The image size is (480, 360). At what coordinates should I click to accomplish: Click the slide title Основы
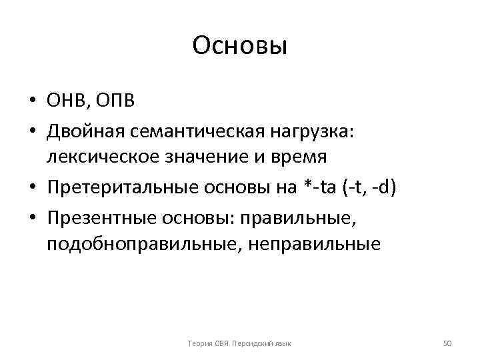point(239,47)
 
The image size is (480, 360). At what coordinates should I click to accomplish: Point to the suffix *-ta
point(317,189)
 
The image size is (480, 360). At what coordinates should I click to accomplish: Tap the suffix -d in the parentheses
point(385,189)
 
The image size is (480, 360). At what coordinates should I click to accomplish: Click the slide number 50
point(447,343)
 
